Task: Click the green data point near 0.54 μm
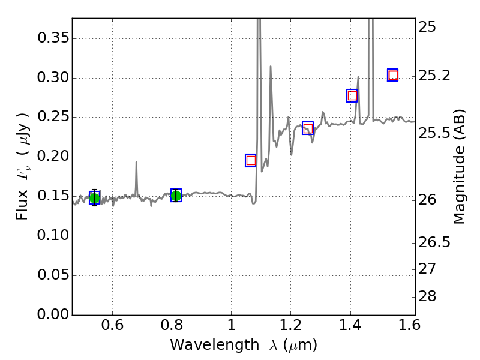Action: tap(94, 198)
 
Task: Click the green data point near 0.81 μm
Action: tap(176, 195)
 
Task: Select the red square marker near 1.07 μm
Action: tap(251, 160)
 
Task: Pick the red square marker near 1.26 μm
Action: tap(308, 128)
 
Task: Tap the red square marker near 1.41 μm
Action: tap(352, 95)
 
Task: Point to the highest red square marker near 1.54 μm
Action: tap(393, 75)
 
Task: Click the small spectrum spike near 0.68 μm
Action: tap(136, 163)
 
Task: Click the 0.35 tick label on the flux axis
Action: tap(53, 38)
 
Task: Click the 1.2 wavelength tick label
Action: tap(290, 327)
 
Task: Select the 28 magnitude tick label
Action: tap(428, 297)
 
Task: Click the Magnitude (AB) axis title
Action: tap(460, 167)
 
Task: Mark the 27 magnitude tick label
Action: tap(428, 268)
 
